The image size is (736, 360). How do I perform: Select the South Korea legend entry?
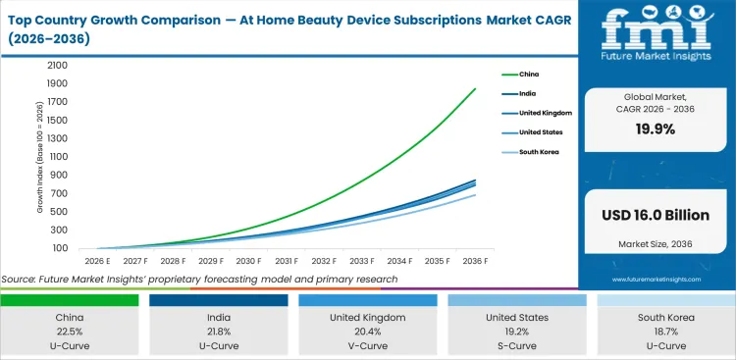[x=533, y=152]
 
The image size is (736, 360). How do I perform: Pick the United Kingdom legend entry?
[x=538, y=113]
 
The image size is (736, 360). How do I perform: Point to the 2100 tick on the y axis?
[x=57, y=66]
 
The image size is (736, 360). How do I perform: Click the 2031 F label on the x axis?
[x=287, y=261]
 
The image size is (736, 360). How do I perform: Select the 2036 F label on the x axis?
[x=476, y=261]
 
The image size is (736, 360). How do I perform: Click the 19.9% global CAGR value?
[x=656, y=129]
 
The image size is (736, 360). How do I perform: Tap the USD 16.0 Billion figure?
[x=656, y=214]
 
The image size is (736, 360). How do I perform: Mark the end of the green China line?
[x=476, y=89]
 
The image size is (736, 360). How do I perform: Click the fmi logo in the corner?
[x=655, y=37]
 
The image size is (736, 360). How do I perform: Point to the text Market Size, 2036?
[x=656, y=242]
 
